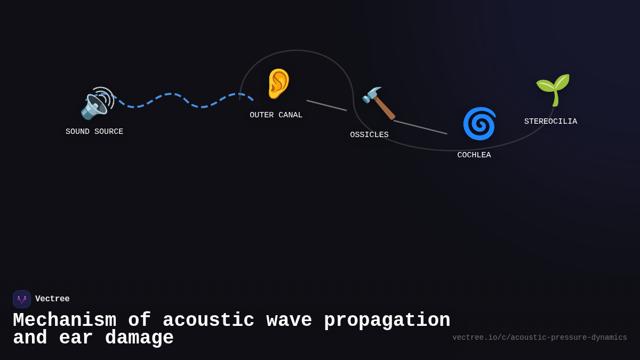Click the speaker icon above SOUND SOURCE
click(x=97, y=103)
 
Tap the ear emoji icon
click(x=278, y=84)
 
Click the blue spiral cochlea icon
click(x=479, y=123)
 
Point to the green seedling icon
click(x=553, y=90)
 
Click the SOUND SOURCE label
click(x=94, y=132)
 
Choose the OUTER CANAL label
click(x=276, y=115)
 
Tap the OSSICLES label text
click(x=369, y=135)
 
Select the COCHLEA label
click(x=474, y=155)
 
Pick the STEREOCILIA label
click(x=550, y=122)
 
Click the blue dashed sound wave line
click(x=171, y=94)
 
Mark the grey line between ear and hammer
click(x=326, y=105)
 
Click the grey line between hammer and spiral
click(x=420, y=127)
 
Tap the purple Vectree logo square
click(x=22, y=299)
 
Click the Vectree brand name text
click(x=52, y=299)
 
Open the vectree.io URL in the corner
click(x=539, y=338)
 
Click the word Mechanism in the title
click(x=65, y=321)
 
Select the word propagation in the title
click(x=387, y=321)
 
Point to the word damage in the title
click(x=139, y=338)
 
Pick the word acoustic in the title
click(x=208, y=321)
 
